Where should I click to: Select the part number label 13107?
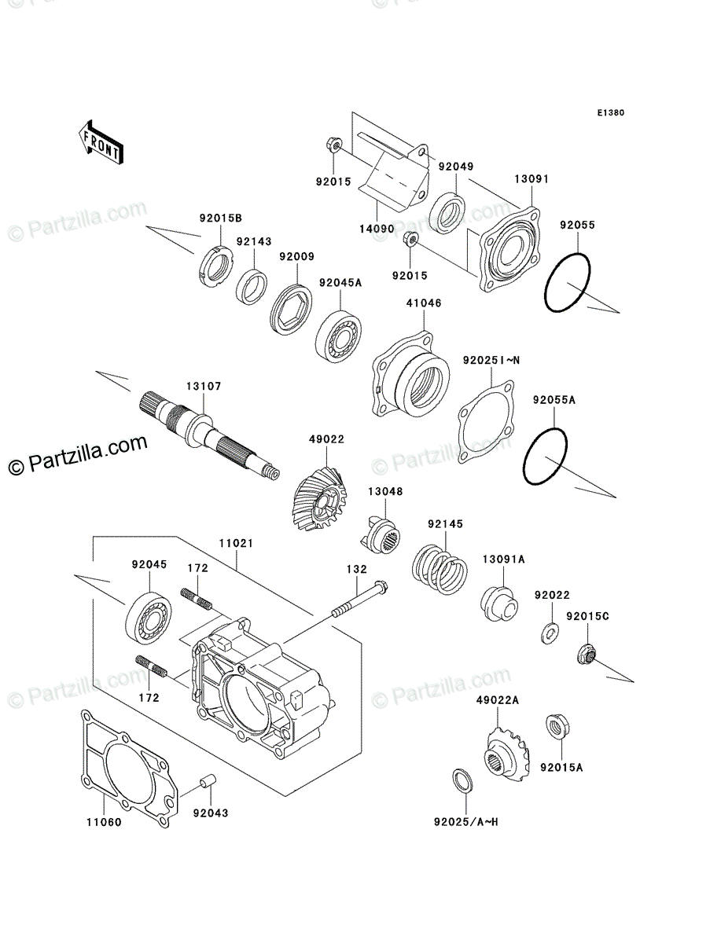click(204, 386)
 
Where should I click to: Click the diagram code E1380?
click(609, 113)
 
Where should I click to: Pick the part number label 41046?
click(423, 301)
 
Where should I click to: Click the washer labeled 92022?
click(550, 631)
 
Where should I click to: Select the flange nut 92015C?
click(585, 652)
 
